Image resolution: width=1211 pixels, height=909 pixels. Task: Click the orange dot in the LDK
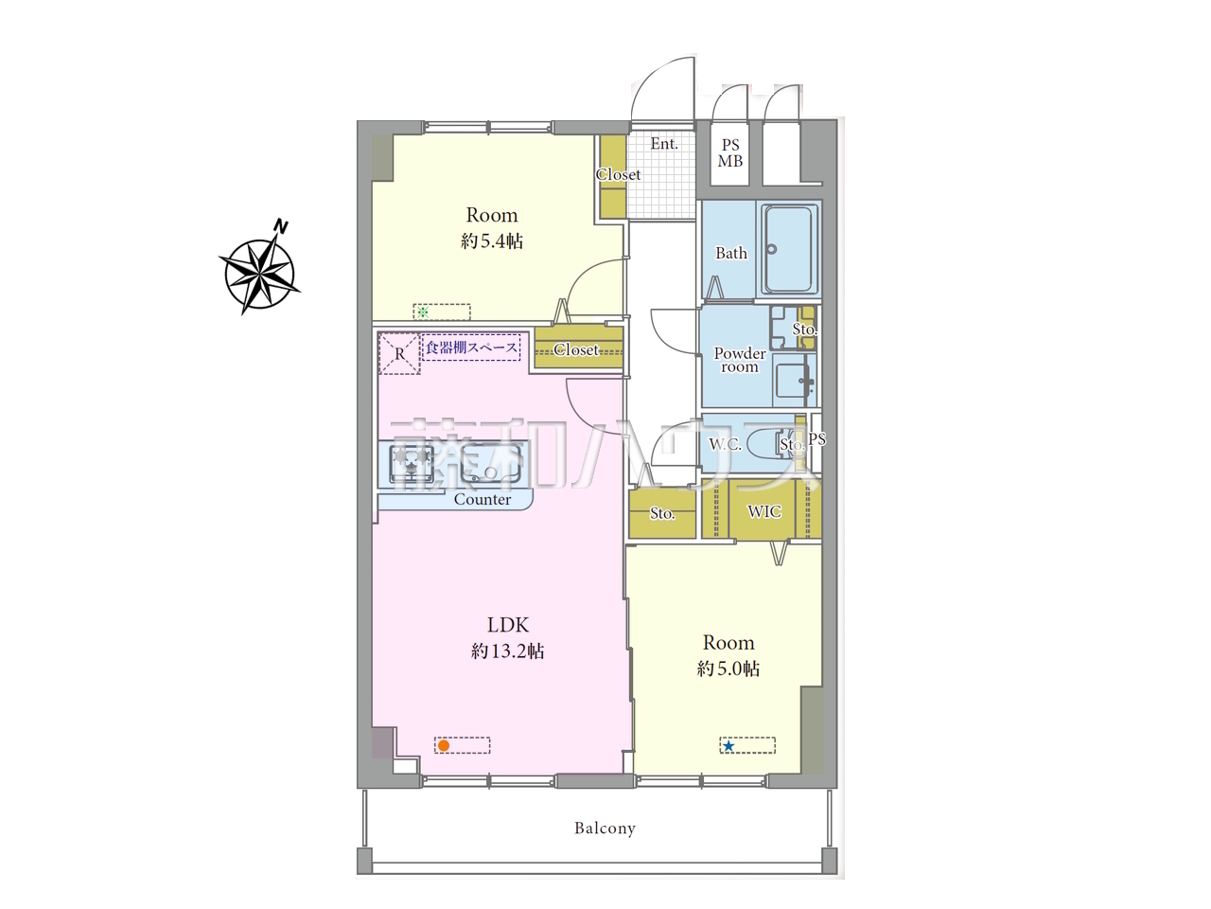pos(443,745)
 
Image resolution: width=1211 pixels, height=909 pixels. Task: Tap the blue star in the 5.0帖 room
pos(728,746)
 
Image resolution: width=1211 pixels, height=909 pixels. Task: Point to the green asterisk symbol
pos(423,312)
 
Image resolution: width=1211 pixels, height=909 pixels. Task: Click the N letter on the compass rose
pos(281,226)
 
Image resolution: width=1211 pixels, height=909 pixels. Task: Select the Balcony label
pos(605,828)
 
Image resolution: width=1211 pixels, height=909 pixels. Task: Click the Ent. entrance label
pos(664,144)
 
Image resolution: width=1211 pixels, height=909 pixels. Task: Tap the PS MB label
pos(729,152)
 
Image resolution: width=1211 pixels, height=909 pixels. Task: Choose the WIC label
pos(764,511)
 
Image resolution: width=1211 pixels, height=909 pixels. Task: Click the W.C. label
pos(725,444)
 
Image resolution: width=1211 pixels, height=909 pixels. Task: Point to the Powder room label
pos(740,360)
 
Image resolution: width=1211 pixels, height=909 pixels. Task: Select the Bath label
pos(731,253)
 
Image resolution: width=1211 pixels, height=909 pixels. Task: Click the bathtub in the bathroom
pos(789,249)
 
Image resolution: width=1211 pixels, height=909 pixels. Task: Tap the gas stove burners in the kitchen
pos(412,464)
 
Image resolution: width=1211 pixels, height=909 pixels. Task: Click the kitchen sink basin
pos(490,463)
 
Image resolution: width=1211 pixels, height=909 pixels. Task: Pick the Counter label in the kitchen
pos(483,500)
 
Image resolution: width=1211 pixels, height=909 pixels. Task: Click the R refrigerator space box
pos(399,354)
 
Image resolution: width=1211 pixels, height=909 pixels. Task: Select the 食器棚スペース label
pos(471,348)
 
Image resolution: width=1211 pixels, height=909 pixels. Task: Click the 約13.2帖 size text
pos(507,651)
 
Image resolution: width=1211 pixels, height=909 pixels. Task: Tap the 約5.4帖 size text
pos(492,241)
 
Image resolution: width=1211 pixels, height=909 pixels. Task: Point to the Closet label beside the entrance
pos(618,174)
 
